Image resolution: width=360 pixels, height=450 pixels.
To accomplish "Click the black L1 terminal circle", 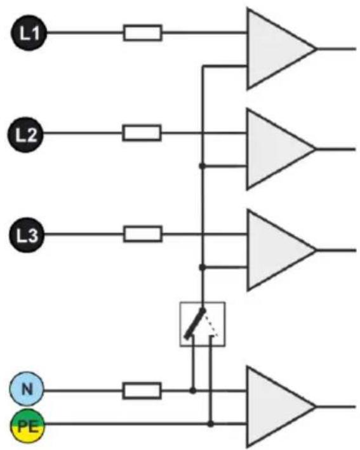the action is (29, 33).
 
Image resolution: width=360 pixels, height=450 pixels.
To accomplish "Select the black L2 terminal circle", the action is (25, 135).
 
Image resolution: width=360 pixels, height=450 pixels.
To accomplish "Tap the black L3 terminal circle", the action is (27, 235).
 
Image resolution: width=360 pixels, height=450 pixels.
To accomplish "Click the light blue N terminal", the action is (27, 389).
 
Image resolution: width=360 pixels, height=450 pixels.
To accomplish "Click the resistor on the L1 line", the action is (143, 33).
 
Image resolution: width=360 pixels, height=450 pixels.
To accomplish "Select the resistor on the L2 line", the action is (142, 133).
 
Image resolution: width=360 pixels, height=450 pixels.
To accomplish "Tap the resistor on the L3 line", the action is (143, 234).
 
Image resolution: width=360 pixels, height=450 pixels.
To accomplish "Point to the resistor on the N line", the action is (142, 390).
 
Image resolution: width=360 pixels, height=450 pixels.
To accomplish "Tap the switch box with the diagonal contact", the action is (203, 324).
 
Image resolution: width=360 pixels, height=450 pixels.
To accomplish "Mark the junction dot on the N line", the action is (193, 390).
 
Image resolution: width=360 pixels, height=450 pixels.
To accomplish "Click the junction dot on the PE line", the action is (210, 423).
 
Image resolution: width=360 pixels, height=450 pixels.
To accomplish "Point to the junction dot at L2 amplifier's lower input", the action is (203, 166).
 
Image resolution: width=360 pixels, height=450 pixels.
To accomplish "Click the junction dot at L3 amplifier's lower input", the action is (203, 267).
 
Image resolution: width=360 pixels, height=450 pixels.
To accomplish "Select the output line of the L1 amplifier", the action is (337, 49).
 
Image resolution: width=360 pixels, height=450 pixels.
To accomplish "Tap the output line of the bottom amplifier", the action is (336, 407).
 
